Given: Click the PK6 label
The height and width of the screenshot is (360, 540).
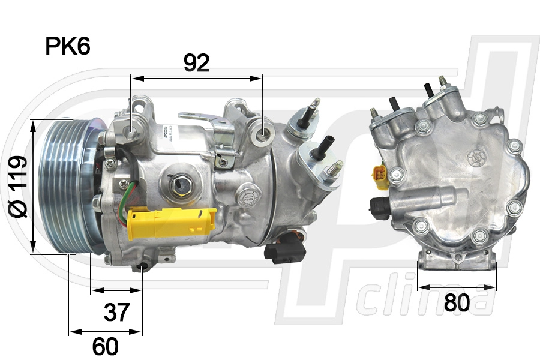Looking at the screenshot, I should coord(68,46).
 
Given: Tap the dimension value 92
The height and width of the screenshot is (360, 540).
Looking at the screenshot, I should coord(196,63).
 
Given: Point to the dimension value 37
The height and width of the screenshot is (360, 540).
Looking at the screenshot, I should coord(116,312).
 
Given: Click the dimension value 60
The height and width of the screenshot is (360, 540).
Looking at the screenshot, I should coord(106,346).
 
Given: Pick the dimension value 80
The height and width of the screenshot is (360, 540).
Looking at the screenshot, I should coord(457,304).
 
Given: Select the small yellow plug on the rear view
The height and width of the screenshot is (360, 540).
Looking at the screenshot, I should coord(380,175).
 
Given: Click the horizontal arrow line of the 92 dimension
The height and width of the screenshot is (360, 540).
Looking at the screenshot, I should coord(197,78).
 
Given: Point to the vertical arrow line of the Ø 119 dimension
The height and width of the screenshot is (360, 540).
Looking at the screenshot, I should coord(34,186).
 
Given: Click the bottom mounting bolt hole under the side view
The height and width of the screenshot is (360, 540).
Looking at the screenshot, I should coord(143,266).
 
